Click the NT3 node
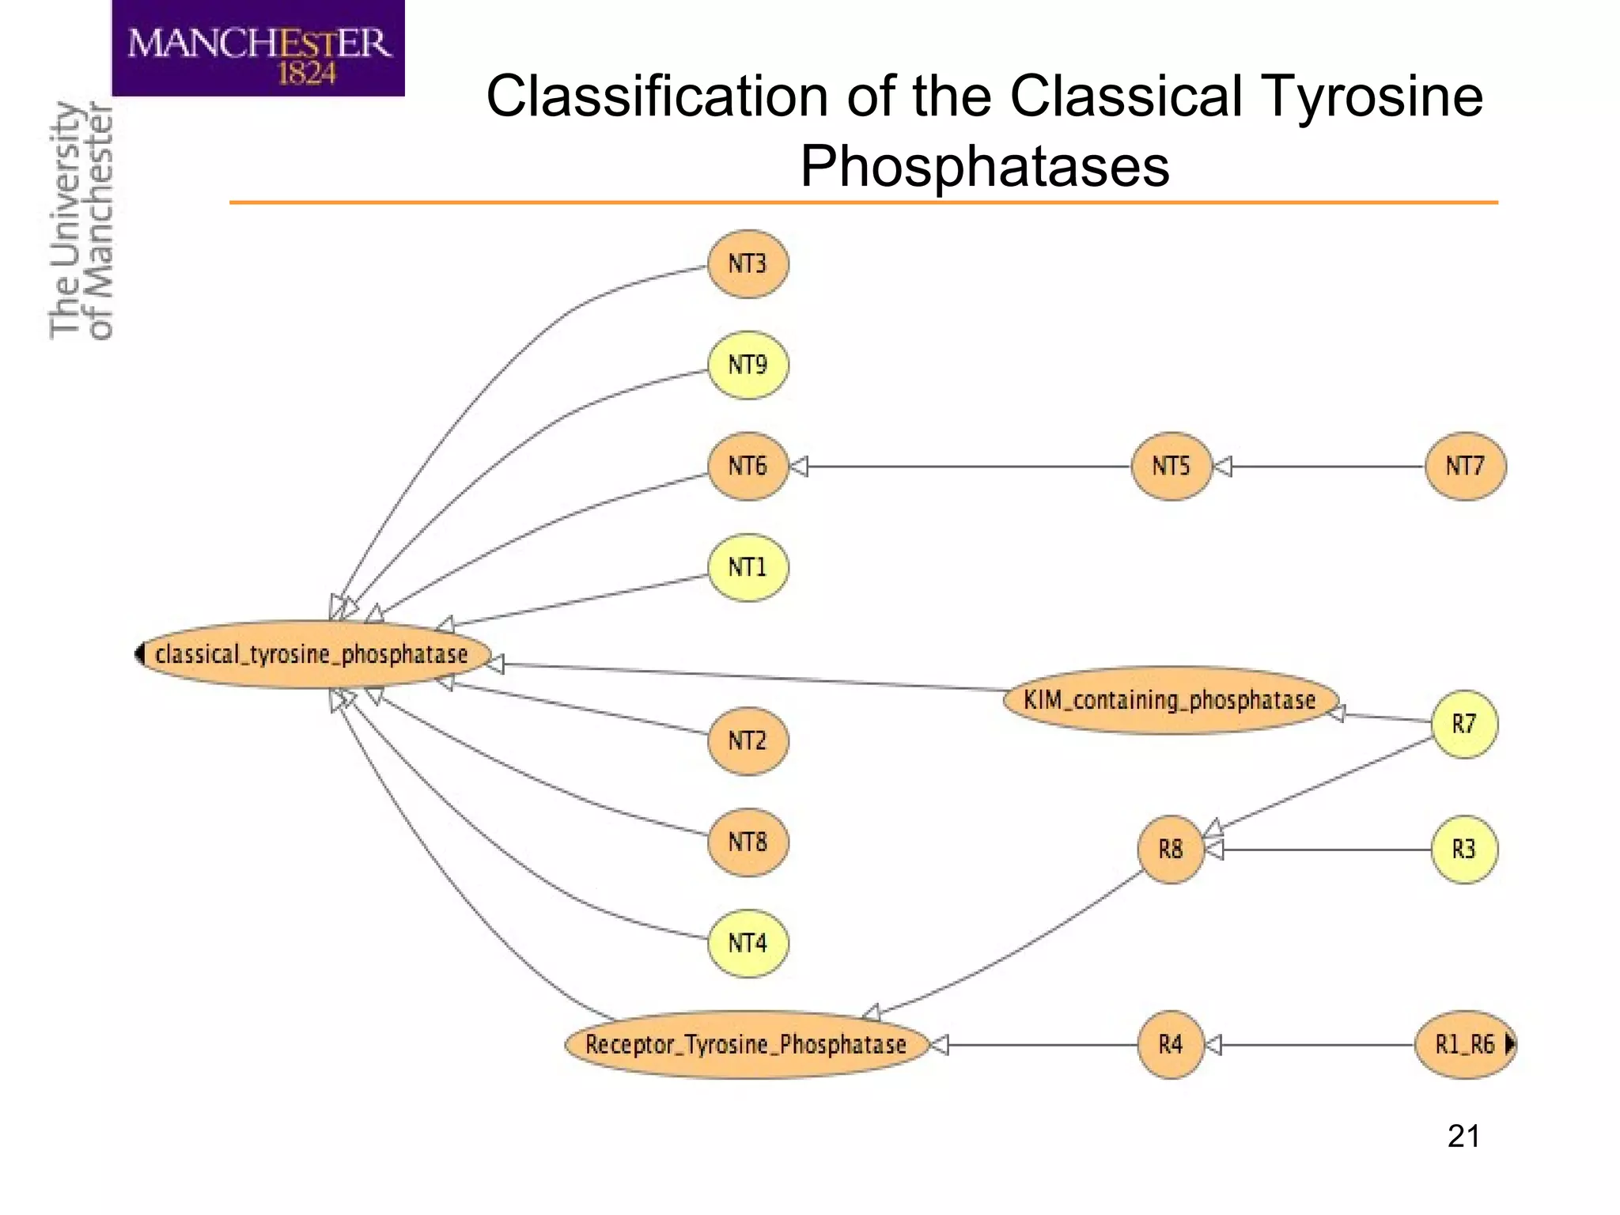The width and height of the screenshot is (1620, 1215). pos(748,264)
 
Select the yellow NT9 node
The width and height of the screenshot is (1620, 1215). pos(748,365)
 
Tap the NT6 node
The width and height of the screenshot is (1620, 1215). pos(748,466)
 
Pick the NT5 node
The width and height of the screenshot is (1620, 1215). pos(1171,466)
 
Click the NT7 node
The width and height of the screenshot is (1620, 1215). pos(1465,466)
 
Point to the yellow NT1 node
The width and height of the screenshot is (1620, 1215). pos(748,567)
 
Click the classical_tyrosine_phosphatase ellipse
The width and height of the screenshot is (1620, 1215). pos(312,654)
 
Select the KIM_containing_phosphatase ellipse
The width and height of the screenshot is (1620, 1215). pos(1170,700)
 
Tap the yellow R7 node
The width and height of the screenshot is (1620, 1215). pos(1464,724)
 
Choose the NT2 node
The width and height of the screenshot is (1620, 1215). pos(748,740)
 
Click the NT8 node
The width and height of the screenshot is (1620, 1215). pos(748,842)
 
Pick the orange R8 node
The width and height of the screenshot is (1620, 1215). pos(1171,850)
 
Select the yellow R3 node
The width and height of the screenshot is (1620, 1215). pos(1464,850)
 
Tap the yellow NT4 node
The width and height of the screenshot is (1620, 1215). pos(748,943)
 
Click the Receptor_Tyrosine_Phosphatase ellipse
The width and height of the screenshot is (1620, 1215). pos(746,1045)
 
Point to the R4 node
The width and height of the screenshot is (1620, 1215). pos(1171,1045)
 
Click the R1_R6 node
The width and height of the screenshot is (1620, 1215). pos(1464,1045)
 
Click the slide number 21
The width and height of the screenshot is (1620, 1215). pos(1463,1136)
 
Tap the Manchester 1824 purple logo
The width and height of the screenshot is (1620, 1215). pos(259,48)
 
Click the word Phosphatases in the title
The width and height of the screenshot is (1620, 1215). pos(984,166)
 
